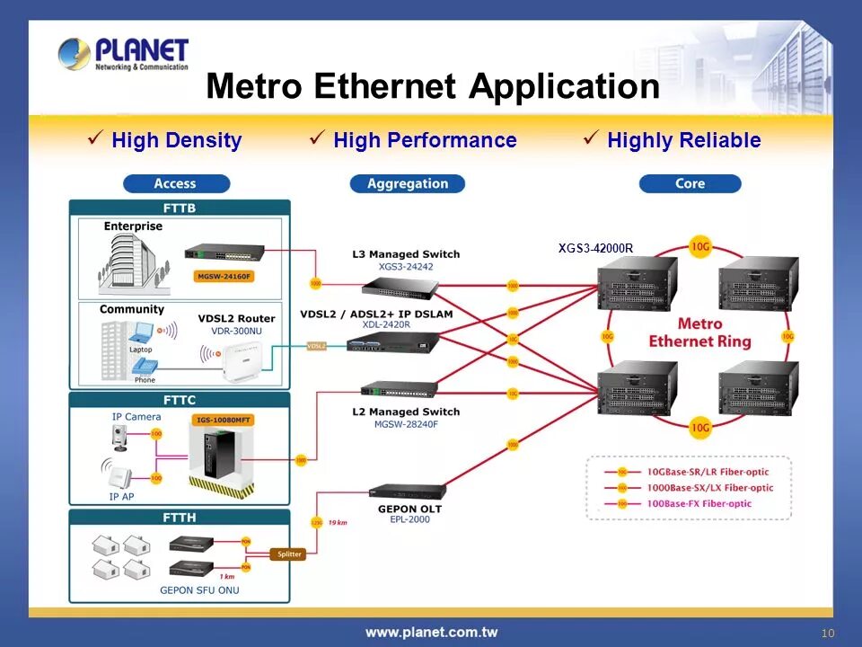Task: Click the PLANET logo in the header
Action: [x=123, y=54]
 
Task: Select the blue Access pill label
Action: [x=176, y=183]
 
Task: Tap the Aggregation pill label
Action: [x=407, y=183]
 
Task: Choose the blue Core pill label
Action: [x=690, y=183]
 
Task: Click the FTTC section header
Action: [x=180, y=400]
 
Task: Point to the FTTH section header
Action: [x=180, y=518]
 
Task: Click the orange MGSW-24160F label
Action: [x=224, y=276]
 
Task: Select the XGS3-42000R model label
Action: [x=595, y=249]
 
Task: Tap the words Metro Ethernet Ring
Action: [x=699, y=332]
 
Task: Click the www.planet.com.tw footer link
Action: [x=431, y=632]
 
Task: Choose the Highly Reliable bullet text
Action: [x=683, y=140]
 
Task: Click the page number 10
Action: [x=827, y=634]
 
